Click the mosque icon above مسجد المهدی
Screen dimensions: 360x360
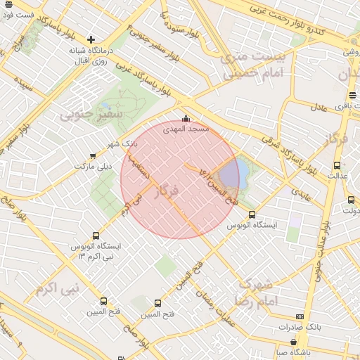(186, 118)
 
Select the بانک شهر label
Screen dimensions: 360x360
(122, 143)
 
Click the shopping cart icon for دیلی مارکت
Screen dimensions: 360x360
(93, 155)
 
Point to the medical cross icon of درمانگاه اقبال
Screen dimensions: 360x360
(91, 39)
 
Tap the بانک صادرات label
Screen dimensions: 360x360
(300, 327)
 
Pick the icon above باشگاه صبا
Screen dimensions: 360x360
(292, 342)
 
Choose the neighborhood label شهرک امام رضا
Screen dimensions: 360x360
(259, 292)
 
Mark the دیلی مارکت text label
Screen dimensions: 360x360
(93, 166)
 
